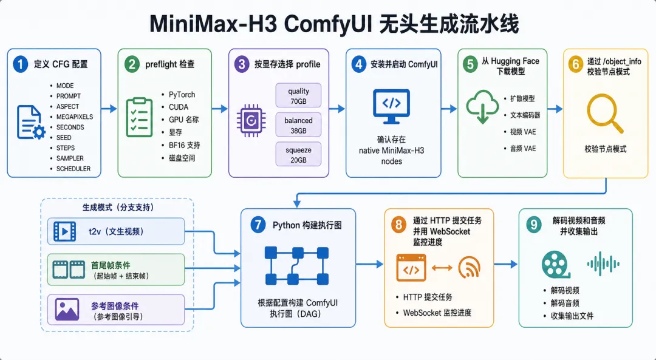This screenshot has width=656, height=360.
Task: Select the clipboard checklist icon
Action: coord(139,117)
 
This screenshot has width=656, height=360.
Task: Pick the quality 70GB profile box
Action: coord(298,96)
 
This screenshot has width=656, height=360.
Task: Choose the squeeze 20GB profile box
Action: coord(298,155)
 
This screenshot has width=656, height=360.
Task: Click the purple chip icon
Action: coord(251,121)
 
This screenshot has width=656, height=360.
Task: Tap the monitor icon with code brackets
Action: coord(392,106)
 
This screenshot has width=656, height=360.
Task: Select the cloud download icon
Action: coord(482,107)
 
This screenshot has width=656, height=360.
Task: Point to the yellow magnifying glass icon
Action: coord(606,114)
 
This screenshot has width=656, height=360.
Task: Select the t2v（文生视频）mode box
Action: coord(116,231)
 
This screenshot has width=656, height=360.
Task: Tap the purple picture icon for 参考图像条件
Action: coord(67,310)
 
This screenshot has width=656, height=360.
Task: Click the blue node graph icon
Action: coord(297,266)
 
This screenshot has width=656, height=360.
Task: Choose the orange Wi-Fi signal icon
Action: coord(469,268)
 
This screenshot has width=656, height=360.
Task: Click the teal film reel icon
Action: coord(556,265)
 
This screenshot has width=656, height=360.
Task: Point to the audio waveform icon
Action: coord(603,264)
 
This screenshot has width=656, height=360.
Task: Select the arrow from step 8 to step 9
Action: coord(506,264)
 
